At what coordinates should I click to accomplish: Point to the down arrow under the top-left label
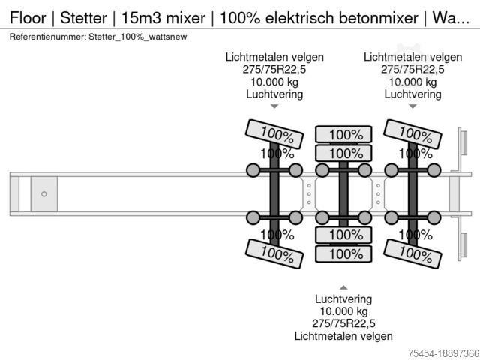[x=274, y=106]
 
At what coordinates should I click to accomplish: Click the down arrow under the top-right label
[x=412, y=106]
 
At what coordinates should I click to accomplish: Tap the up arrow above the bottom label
[x=343, y=287]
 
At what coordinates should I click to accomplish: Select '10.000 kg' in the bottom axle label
[x=343, y=311]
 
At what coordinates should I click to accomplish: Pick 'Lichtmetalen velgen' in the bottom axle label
[x=343, y=336]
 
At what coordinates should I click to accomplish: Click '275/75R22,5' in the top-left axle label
[x=274, y=70]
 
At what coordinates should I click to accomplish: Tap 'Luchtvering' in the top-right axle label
[x=412, y=94]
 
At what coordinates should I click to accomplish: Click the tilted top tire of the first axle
[x=275, y=134]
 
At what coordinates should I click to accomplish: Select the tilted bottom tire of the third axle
[x=411, y=253]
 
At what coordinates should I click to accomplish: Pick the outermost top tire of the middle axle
[x=343, y=135]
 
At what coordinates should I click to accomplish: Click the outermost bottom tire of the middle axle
[x=343, y=253]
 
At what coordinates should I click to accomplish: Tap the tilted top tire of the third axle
[x=411, y=134]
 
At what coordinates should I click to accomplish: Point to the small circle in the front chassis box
[x=44, y=194]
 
